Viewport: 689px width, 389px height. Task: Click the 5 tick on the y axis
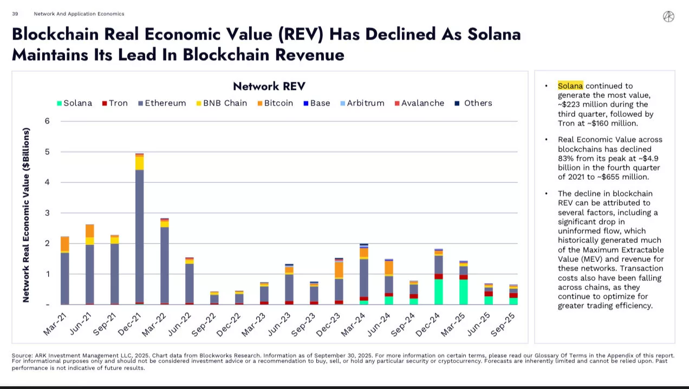(47, 152)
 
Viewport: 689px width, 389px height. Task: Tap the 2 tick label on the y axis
(47, 243)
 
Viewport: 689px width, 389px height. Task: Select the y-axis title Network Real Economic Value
(26, 215)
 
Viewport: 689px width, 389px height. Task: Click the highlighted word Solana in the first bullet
(570, 85)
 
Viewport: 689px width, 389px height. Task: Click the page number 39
(15, 14)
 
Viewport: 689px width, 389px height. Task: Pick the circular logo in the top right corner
(668, 17)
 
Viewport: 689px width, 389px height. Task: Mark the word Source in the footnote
(22, 355)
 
